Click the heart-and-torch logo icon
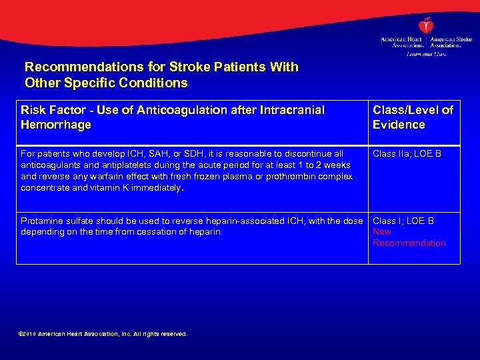click(427, 25)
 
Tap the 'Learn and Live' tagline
click(426, 53)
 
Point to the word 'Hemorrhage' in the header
click(56, 125)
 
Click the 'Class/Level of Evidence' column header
click(412, 117)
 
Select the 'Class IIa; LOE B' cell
click(406, 154)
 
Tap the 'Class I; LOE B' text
click(403, 221)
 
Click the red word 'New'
click(382, 232)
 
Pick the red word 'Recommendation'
click(409, 243)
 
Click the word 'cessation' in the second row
click(157, 232)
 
